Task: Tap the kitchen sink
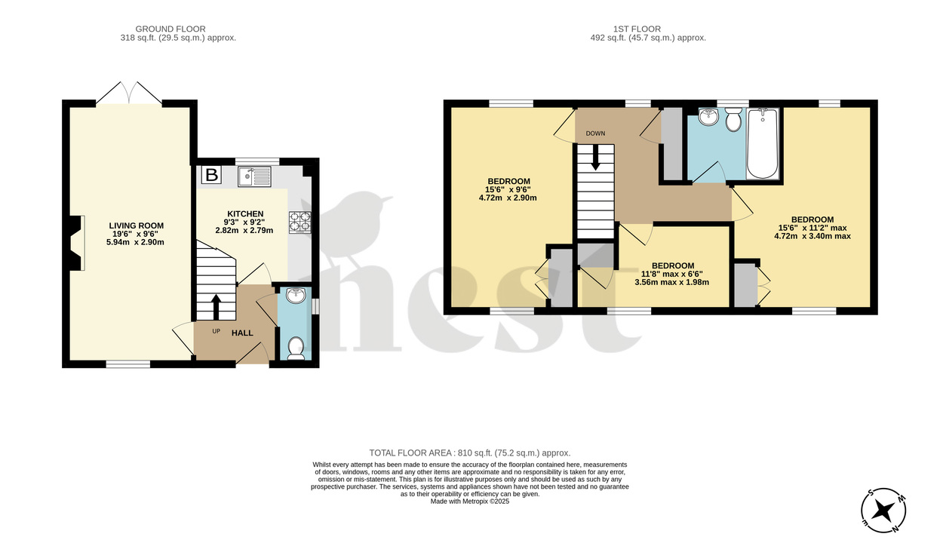(x=254, y=176)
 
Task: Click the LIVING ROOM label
(x=136, y=225)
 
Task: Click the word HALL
(x=242, y=333)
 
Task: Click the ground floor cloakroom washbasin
(x=296, y=296)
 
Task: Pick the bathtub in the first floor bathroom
(x=762, y=144)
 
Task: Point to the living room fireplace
(x=75, y=243)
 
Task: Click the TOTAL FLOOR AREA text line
(x=469, y=452)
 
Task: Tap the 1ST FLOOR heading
(x=648, y=29)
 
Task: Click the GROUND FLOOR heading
(x=178, y=29)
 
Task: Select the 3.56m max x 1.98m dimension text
(x=673, y=282)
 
